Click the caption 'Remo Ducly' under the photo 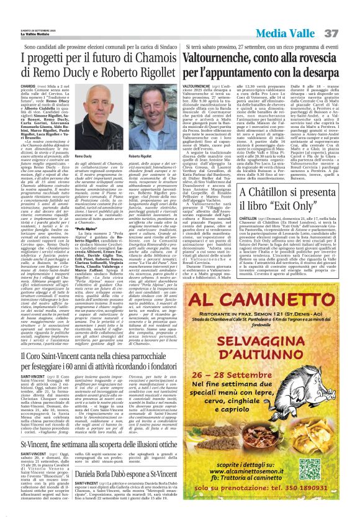point(83,156)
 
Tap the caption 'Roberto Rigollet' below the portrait point(141,156)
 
